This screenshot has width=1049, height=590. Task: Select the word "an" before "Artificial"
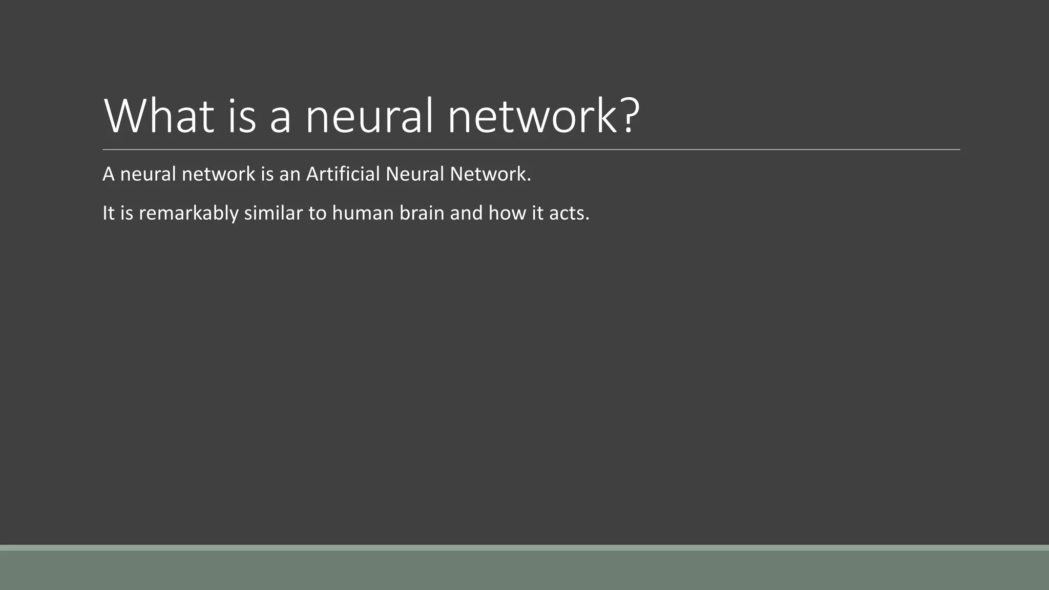click(289, 175)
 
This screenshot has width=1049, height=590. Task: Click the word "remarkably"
click(188, 213)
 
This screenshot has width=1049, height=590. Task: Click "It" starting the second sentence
click(109, 213)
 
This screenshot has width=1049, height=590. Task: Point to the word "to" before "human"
click(317, 213)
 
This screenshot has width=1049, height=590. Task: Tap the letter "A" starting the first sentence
click(108, 174)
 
